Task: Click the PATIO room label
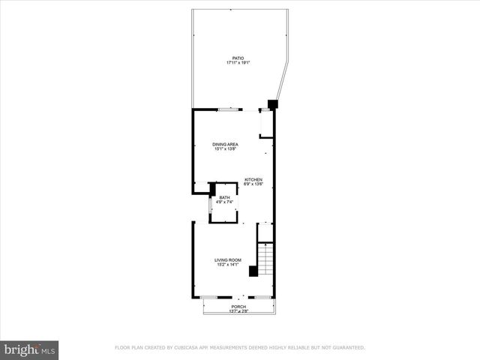tap(238, 58)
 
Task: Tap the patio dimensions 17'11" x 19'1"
tap(238, 63)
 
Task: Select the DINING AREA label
tap(225, 144)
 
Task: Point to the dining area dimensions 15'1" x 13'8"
tap(225, 149)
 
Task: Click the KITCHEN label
tap(253, 179)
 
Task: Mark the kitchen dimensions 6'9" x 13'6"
tap(253, 184)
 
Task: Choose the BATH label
tap(225, 197)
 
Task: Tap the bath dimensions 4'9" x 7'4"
tap(225, 202)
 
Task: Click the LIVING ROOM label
tap(227, 260)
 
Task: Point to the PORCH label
tap(238, 306)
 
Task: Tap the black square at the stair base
tap(253, 272)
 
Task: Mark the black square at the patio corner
tap(272, 104)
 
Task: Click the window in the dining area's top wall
tap(229, 110)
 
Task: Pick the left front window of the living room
tap(209, 297)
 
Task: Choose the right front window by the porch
tap(262, 297)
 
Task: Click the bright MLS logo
tap(30, 350)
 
